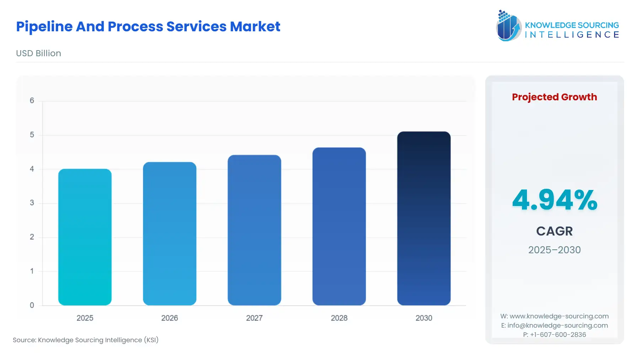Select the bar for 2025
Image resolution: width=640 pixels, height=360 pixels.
[85, 237]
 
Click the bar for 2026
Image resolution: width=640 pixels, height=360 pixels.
[170, 233]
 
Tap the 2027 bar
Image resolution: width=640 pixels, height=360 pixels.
[254, 230]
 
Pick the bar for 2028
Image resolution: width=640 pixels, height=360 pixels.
[339, 226]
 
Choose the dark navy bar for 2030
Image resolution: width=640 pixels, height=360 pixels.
[424, 218]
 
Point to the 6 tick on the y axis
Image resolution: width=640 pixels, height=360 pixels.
[32, 101]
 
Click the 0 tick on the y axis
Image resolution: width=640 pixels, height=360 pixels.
[32, 305]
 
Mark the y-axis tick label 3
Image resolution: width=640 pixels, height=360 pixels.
[32, 203]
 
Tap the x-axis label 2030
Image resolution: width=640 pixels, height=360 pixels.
[424, 318]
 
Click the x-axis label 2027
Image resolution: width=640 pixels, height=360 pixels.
[254, 318]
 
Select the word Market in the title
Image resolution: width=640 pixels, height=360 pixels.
[255, 27]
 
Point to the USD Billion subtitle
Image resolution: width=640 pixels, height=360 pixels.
[38, 53]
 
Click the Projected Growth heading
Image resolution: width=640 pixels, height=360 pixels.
[554, 97]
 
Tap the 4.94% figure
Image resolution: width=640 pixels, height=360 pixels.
[554, 200]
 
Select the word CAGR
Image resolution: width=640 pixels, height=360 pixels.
[554, 231]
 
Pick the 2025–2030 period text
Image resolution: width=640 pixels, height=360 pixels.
[554, 250]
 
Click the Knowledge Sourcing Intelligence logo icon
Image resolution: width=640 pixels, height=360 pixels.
[508, 26]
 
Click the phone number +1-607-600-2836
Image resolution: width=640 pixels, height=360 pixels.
[558, 335]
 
